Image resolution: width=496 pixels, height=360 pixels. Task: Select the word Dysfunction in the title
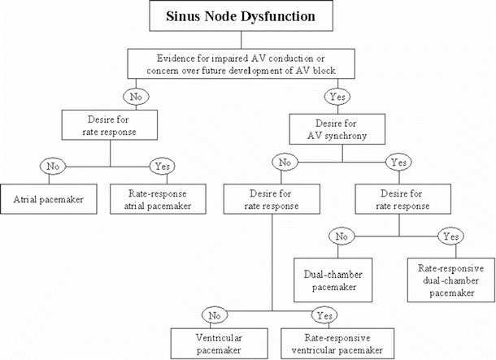tap(289, 16)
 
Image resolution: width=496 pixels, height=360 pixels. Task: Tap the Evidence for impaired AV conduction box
tap(247, 63)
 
